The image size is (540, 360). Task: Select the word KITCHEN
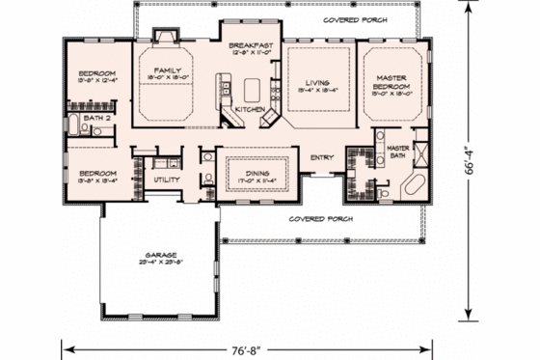click(250, 110)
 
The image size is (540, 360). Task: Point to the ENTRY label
click(322, 157)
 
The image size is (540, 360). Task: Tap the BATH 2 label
click(94, 118)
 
